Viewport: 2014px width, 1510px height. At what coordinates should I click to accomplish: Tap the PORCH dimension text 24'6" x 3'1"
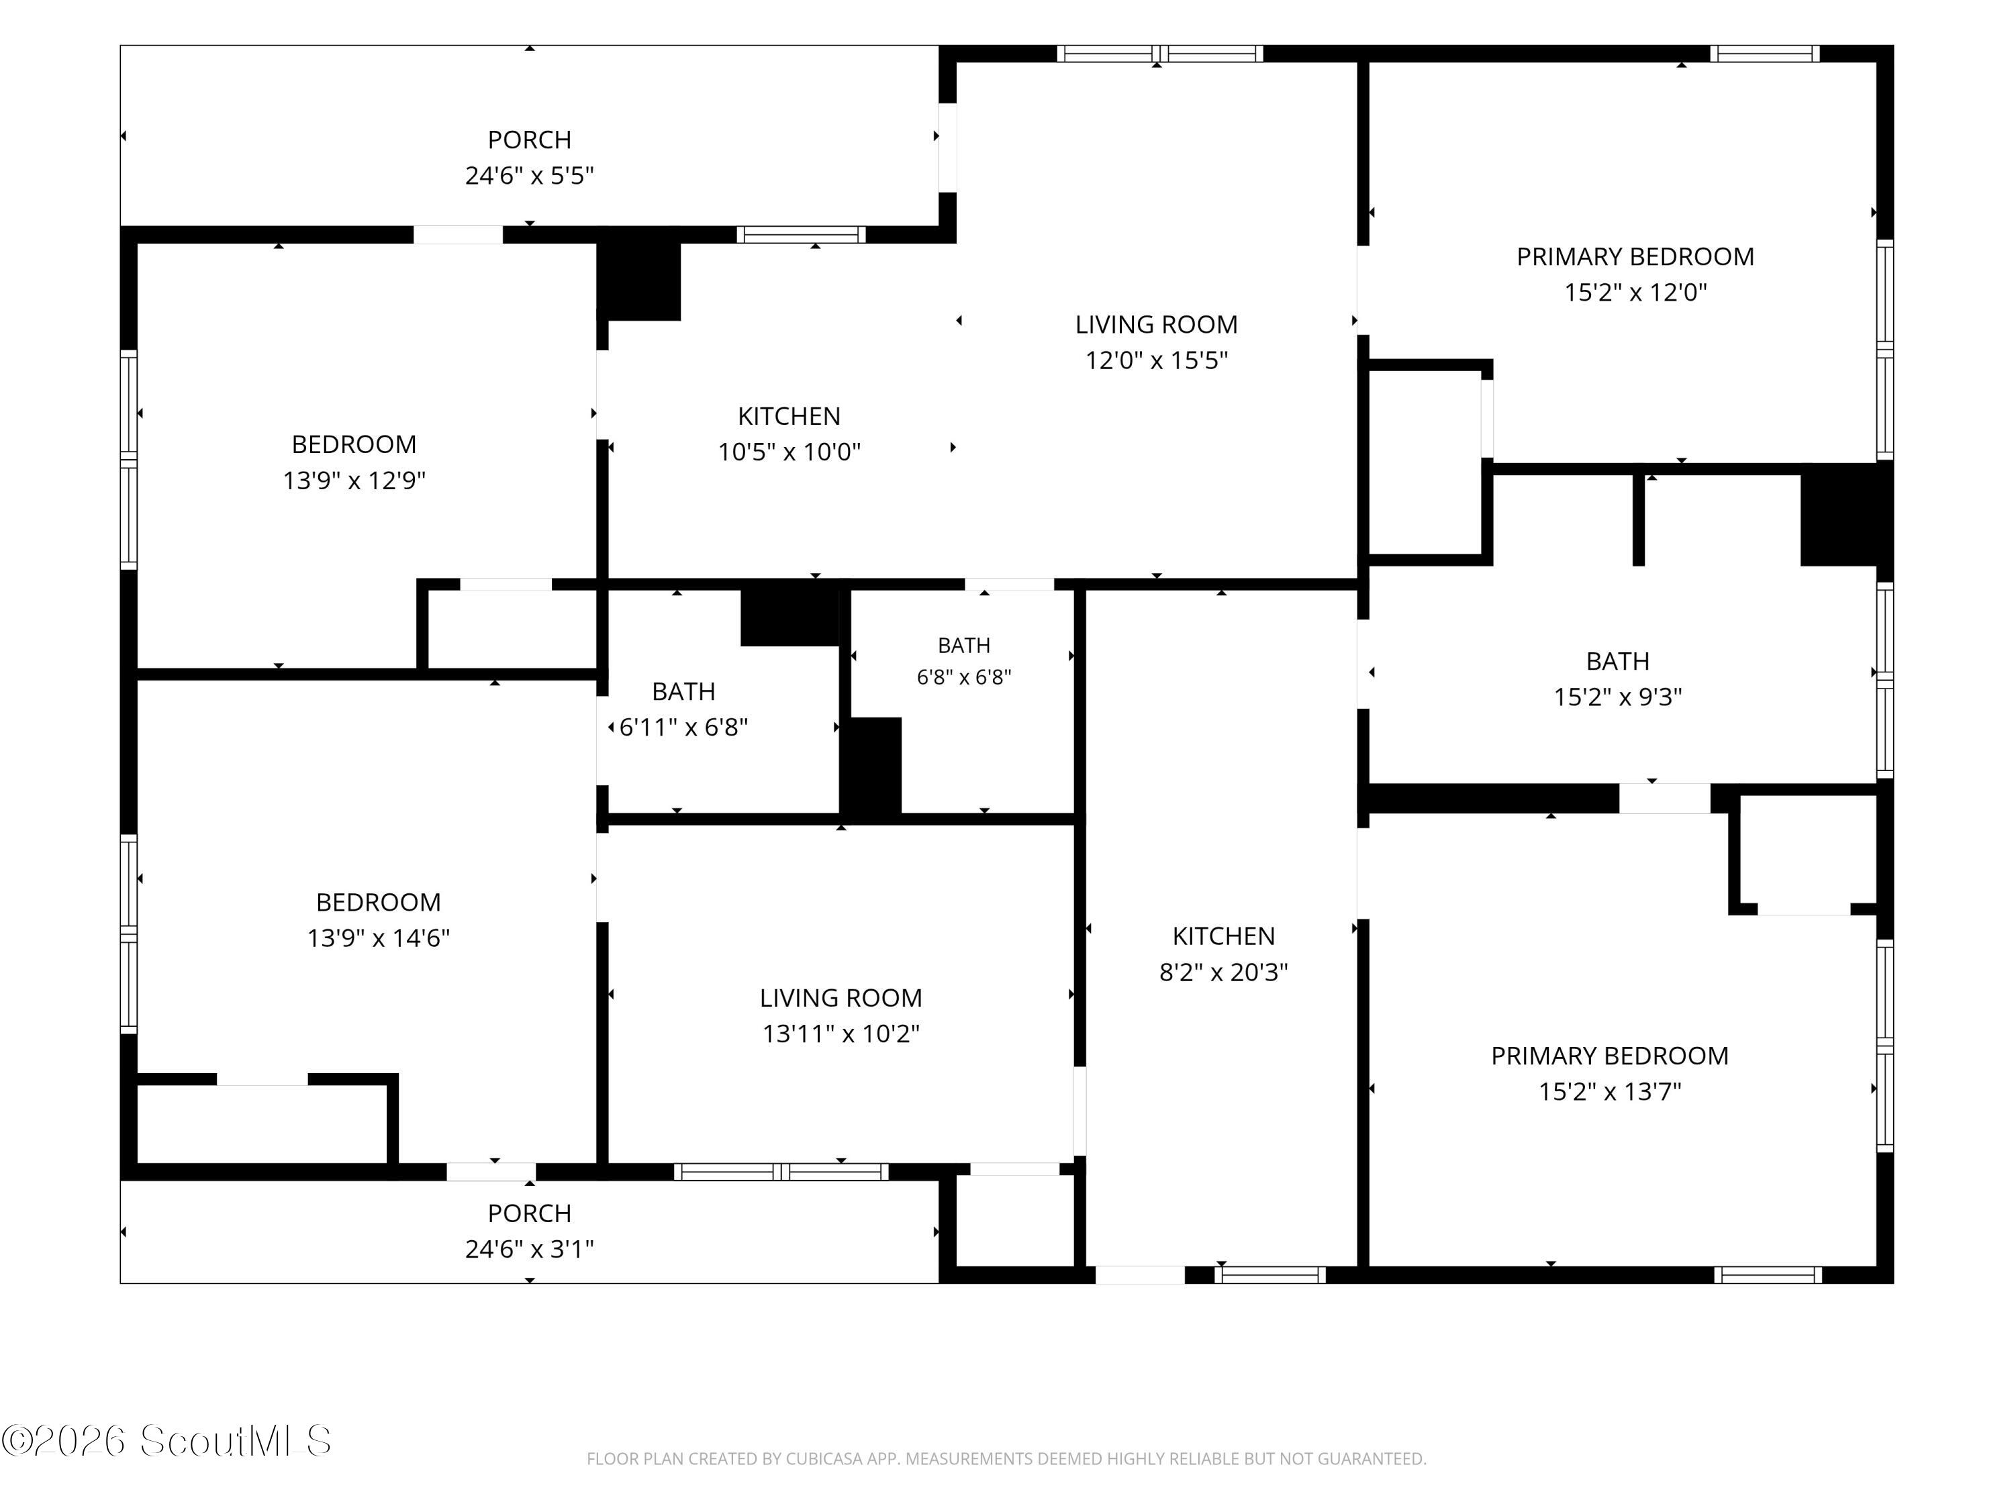529,1249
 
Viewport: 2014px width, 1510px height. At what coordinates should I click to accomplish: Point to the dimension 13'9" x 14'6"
379,938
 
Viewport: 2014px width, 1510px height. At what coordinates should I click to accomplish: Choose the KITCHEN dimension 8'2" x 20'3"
1224,972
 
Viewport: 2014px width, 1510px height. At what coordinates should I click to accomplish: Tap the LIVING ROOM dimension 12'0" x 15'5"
1156,360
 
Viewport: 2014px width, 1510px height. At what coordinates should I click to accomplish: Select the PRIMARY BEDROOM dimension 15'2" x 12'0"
1635,292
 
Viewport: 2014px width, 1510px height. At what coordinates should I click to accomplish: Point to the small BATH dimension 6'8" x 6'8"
964,677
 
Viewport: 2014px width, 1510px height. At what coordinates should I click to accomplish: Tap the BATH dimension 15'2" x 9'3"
1618,697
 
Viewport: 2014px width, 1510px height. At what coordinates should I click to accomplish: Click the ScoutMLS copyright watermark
166,1441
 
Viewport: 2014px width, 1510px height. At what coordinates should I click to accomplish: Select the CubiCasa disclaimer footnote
1006,1459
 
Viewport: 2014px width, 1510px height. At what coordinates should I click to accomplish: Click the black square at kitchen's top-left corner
639,273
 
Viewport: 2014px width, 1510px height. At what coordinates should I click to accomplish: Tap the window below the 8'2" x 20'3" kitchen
1270,1274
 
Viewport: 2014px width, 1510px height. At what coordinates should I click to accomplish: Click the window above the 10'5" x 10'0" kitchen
801,235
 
